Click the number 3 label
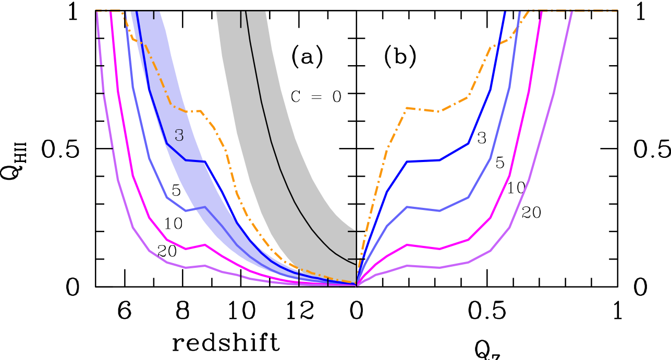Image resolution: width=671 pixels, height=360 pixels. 179,136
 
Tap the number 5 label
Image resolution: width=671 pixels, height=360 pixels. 176,191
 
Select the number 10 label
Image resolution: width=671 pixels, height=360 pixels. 173,224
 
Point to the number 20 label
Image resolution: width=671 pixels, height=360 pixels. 167,252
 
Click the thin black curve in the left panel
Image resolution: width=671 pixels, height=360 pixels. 271,141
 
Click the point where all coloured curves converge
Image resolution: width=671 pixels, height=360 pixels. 357,285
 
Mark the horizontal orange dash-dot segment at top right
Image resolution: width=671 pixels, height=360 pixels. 574,10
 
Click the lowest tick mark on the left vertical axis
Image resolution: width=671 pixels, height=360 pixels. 100,259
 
